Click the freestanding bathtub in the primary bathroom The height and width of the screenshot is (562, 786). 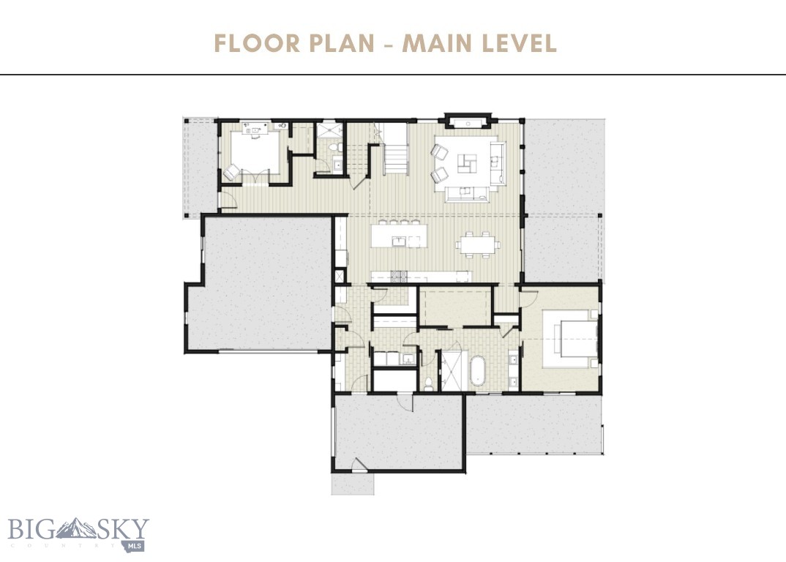(x=477, y=371)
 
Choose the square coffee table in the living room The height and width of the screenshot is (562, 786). (x=466, y=162)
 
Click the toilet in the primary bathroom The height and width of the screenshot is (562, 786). (x=429, y=382)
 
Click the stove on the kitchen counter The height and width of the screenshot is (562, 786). (x=397, y=276)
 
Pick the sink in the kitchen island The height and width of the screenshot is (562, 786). (x=399, y=240)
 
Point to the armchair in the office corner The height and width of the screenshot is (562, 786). (x=231, y=173)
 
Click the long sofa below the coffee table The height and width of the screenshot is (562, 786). (x=466, y=192)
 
